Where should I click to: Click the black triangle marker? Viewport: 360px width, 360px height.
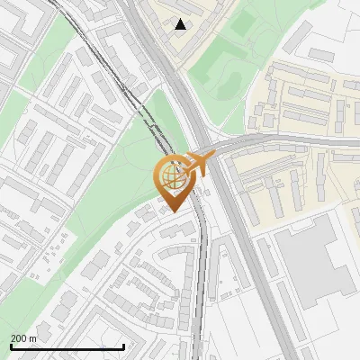pyautogui.click(x=181, y=24)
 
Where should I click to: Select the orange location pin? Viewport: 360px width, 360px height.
pyautogui.click(x=172, y=180)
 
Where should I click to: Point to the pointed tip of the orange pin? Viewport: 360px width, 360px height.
pyautogui.click(x=173, y=211)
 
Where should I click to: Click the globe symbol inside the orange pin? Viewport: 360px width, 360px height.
pyautogui.click(x=172, y=174)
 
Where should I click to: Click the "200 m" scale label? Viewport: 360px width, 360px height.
pyautogui.click(x=24, y=338)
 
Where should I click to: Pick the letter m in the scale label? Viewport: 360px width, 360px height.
pyautogui.click(x=33, y=338)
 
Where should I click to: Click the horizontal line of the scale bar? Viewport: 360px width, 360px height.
pyautogui.click(x=67, y=347)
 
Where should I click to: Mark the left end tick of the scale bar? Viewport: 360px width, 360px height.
pyautogui.click(x=11, y=345)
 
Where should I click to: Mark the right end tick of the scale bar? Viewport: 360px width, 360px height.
pyautogui.click(x=123, y=345)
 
